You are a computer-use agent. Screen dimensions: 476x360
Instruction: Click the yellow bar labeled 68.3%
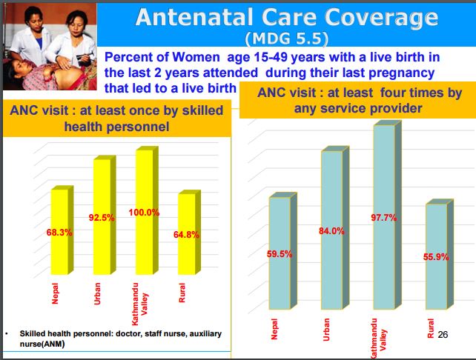pos(62,230)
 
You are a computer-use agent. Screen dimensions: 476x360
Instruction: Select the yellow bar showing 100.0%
pos(147,211)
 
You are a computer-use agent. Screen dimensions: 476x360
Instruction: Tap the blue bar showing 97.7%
pos(387,215)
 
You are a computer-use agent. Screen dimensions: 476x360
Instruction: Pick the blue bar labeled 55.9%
pos(439,254)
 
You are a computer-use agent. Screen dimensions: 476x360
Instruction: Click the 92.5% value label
pos(102,218)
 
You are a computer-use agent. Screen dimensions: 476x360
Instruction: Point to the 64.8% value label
pos(186,234)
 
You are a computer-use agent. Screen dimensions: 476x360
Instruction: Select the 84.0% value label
pos(331,231)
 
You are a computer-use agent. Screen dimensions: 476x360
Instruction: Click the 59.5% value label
pos(280,254)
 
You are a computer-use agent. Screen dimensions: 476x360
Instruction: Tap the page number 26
pos(443,334)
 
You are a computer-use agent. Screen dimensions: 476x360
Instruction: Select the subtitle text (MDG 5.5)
pos(287,39)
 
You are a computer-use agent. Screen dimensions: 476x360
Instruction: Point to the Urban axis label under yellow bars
pos(97,293)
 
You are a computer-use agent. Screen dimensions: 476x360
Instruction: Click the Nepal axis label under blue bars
pos(274,329)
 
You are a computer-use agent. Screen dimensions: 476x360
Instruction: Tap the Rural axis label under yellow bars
pos(182,293)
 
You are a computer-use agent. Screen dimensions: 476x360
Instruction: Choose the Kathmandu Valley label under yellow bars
pos(139,304)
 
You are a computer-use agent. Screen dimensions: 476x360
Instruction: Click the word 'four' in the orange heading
pos(393,93)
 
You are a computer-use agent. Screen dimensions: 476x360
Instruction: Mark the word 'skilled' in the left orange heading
pos(202,110)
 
